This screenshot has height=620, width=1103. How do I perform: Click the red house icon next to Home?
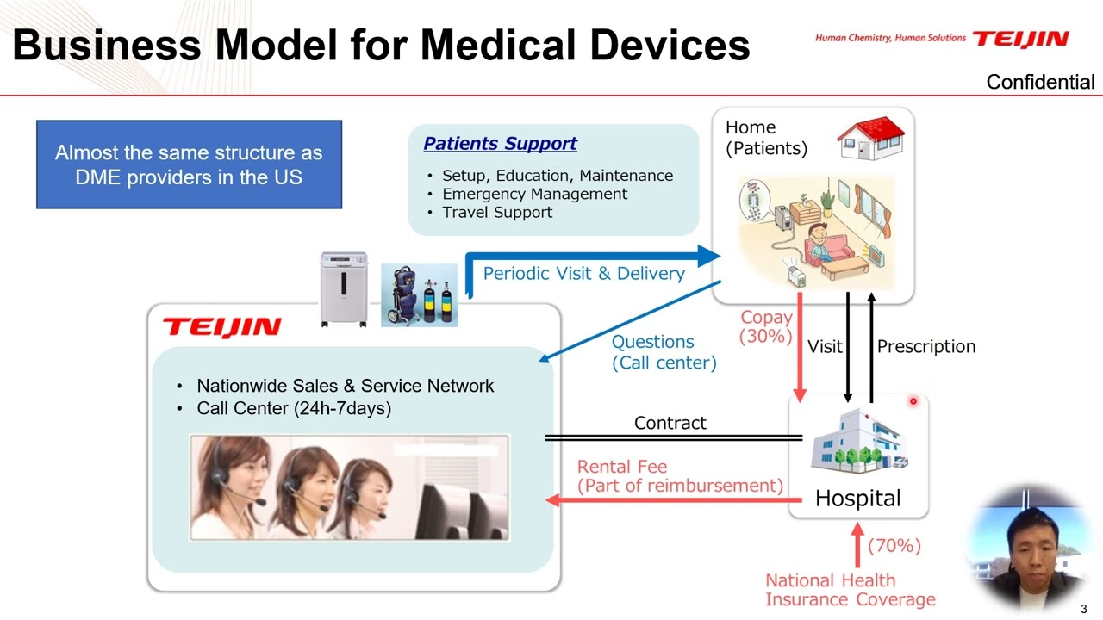pyautogui.click(x=871, y=139)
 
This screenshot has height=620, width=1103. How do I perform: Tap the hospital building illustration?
pyautogui.click(x=857, y=441)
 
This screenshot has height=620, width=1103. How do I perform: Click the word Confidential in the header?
pyautogui.click(x=1040, y=82)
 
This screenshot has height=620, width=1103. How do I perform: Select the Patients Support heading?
pyautogui.click(x=500, y=144)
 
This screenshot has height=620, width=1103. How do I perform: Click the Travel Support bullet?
pyautogui.click(x=497, y=212)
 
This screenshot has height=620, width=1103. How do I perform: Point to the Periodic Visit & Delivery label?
pyautogui.click(x=583, y=273)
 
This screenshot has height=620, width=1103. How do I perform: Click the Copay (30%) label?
pyautogui.click(x=766, y=326)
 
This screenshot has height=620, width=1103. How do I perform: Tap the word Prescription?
pyautogui.click(x=925, y=346)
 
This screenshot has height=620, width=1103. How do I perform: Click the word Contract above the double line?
pyautogui.click(x=670, y=423)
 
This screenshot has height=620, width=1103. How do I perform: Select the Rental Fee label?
pyautogui.click(x=622, y=467)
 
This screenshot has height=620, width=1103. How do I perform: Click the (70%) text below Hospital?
pyautogui.click(x=894, y=546)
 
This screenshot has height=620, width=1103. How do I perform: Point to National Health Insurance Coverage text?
pyautogui.click(x=850, y=590)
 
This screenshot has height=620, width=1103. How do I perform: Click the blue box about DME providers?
pyautogui.click(x=189, y=164)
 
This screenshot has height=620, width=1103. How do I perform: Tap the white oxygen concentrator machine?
pyautogui.click(x=344, y=289)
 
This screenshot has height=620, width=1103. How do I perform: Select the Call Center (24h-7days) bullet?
pyautogui.click(x=293, y=408)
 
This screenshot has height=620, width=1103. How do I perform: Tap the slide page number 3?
pyautogui.click(x=1084, y=609)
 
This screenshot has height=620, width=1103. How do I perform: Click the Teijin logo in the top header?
pyautogui.click(x=1020, y=39)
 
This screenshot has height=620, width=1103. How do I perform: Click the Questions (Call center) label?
pyautogui.click(x=664, y=352)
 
